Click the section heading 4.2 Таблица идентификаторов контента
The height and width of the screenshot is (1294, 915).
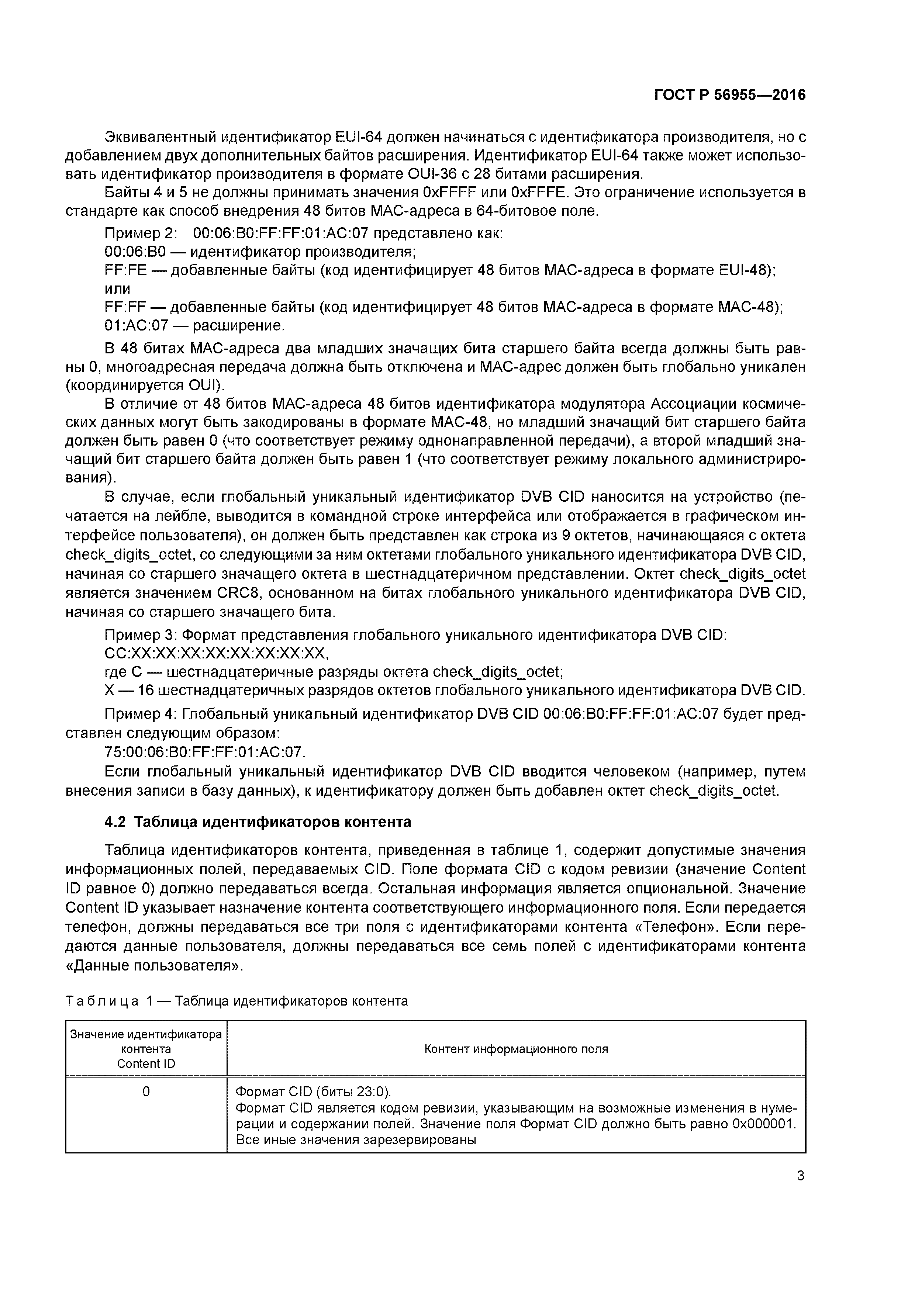(258, 822)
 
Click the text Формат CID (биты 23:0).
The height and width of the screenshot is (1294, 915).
(313, 1091)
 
